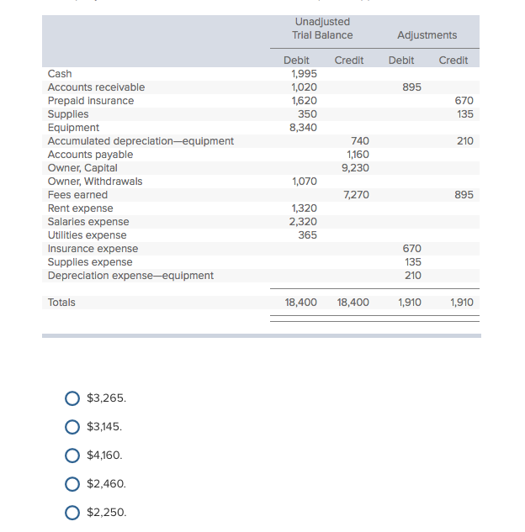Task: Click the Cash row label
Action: tap(60, 74)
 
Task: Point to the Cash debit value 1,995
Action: tap(304, 74)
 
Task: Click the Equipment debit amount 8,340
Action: tap(304, 128)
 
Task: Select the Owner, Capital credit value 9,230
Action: tap(355, 168)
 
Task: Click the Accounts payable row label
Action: tap(90, 155)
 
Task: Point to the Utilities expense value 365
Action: tap(308, 235)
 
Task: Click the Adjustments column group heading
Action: tap(427, 35)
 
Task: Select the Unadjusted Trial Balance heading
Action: tap(322, 29)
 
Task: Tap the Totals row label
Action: tap(61, 303)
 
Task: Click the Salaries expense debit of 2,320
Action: tap(304, 222)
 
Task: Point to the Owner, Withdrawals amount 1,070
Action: tap(304, 182)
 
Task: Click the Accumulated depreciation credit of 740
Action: tap(359, 141)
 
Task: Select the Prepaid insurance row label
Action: tap(90, 101)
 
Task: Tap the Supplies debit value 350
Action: tap(308, 114)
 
